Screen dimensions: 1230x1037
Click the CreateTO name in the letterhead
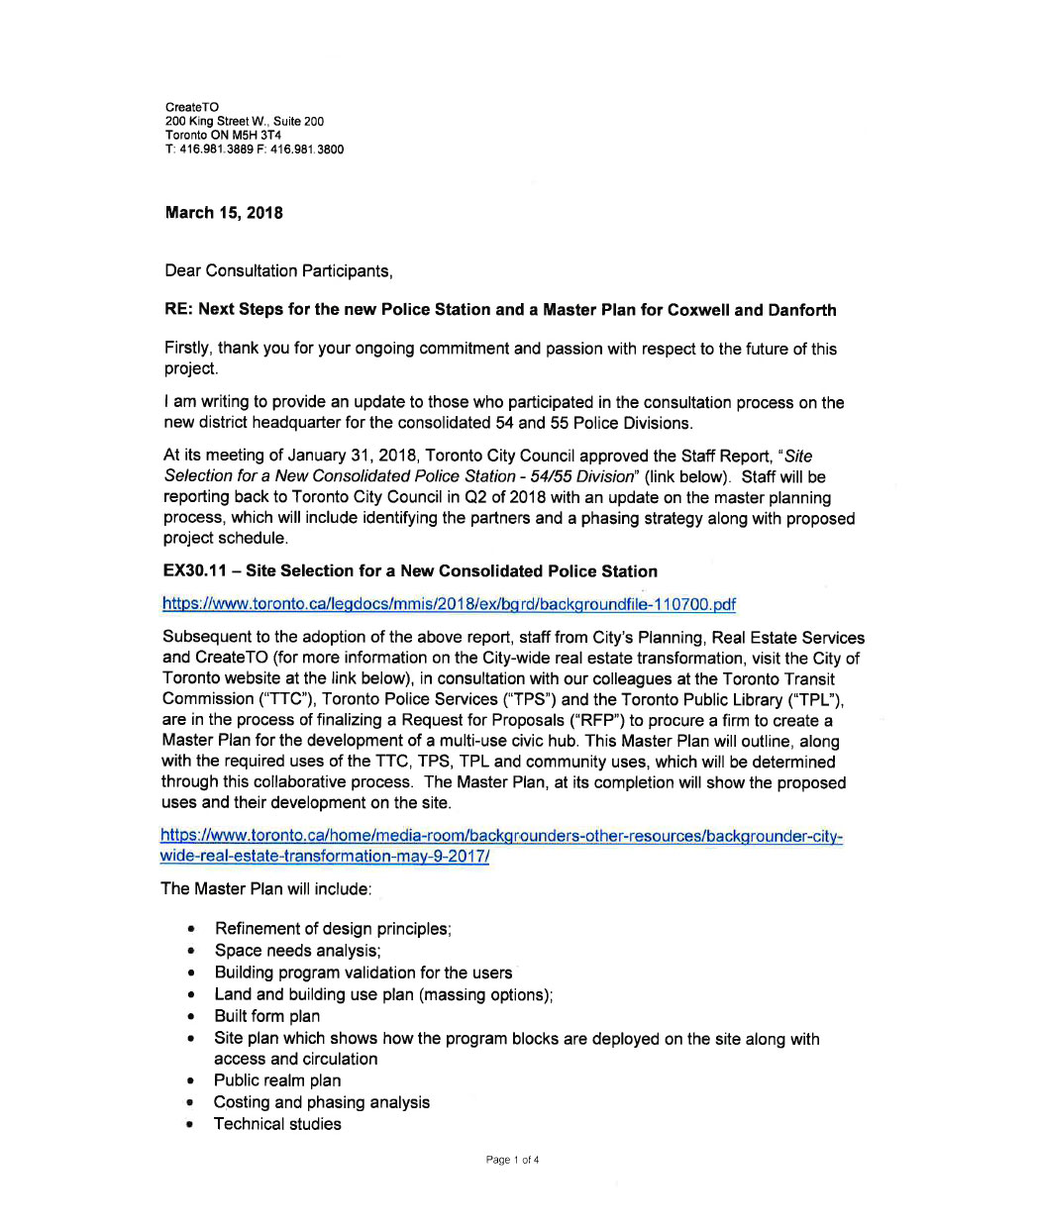click(192, 107)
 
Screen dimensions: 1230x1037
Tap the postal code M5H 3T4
click(257, 135)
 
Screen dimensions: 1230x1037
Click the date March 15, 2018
click(224, 213)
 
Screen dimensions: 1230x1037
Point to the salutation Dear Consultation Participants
click(278, 270)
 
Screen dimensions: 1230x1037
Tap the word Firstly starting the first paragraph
click(187, 349)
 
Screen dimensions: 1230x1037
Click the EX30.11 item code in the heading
click(197, 571)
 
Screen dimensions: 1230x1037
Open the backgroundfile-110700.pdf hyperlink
click(449, 604)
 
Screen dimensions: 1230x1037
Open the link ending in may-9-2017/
click(325, 857)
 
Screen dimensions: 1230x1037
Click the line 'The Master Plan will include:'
click(266, 889)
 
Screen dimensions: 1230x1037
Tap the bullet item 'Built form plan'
click(266, 1016)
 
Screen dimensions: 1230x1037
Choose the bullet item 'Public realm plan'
click(277, 1080)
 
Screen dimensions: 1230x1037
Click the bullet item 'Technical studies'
click(277, 1124)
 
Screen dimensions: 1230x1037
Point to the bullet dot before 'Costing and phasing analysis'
click(189, 1103)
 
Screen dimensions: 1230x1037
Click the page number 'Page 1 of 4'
click(512, 1160)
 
